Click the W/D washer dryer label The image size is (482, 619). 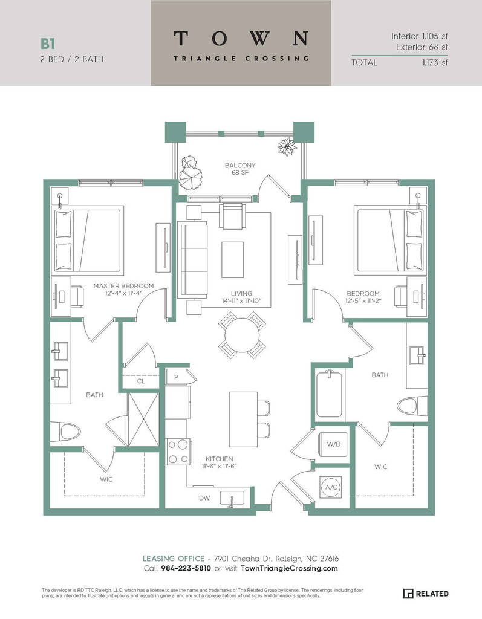click(333, 444)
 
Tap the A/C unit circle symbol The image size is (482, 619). click(331, 487)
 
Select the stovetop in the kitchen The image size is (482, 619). click(178, 451)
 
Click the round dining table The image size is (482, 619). click(242, 335)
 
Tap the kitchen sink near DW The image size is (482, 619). click(232, 498)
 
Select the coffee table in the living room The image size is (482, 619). click(232, 260)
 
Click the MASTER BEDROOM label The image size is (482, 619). click(123, 285)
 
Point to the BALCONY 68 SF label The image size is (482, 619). click(240, 169)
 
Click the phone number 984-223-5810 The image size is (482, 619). click(186, 568)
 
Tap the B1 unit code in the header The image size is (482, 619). click(47, 44)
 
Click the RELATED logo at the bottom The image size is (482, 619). click(426, 594)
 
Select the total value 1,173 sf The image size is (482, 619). click(435, 62)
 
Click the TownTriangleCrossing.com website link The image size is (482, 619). click(289, 568)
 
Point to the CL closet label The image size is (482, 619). click(141, 381)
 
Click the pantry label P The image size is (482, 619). click(176, 377)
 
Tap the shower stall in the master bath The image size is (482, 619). click(142, 420)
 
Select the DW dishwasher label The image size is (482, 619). click(204, 498)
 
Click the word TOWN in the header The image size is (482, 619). click(241, 38)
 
